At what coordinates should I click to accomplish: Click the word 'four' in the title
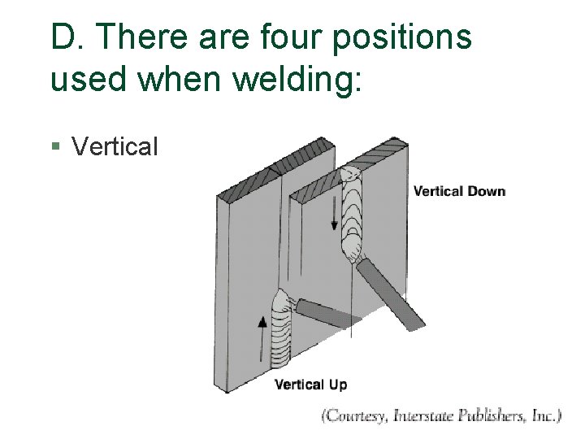(291, 37)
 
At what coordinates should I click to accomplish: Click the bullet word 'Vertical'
(115, 147)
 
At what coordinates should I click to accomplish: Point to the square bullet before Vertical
(54, 147)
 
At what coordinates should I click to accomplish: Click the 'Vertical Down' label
(459, 192)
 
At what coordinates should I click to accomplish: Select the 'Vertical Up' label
(310, 385)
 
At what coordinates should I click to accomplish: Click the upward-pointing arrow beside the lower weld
(262, 333)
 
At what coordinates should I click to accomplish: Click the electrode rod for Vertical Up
(322, 313)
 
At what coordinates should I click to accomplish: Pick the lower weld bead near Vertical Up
(280, 333)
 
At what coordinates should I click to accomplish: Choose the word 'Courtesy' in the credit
(354, 416)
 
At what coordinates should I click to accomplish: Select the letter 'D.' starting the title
(64, 37)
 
